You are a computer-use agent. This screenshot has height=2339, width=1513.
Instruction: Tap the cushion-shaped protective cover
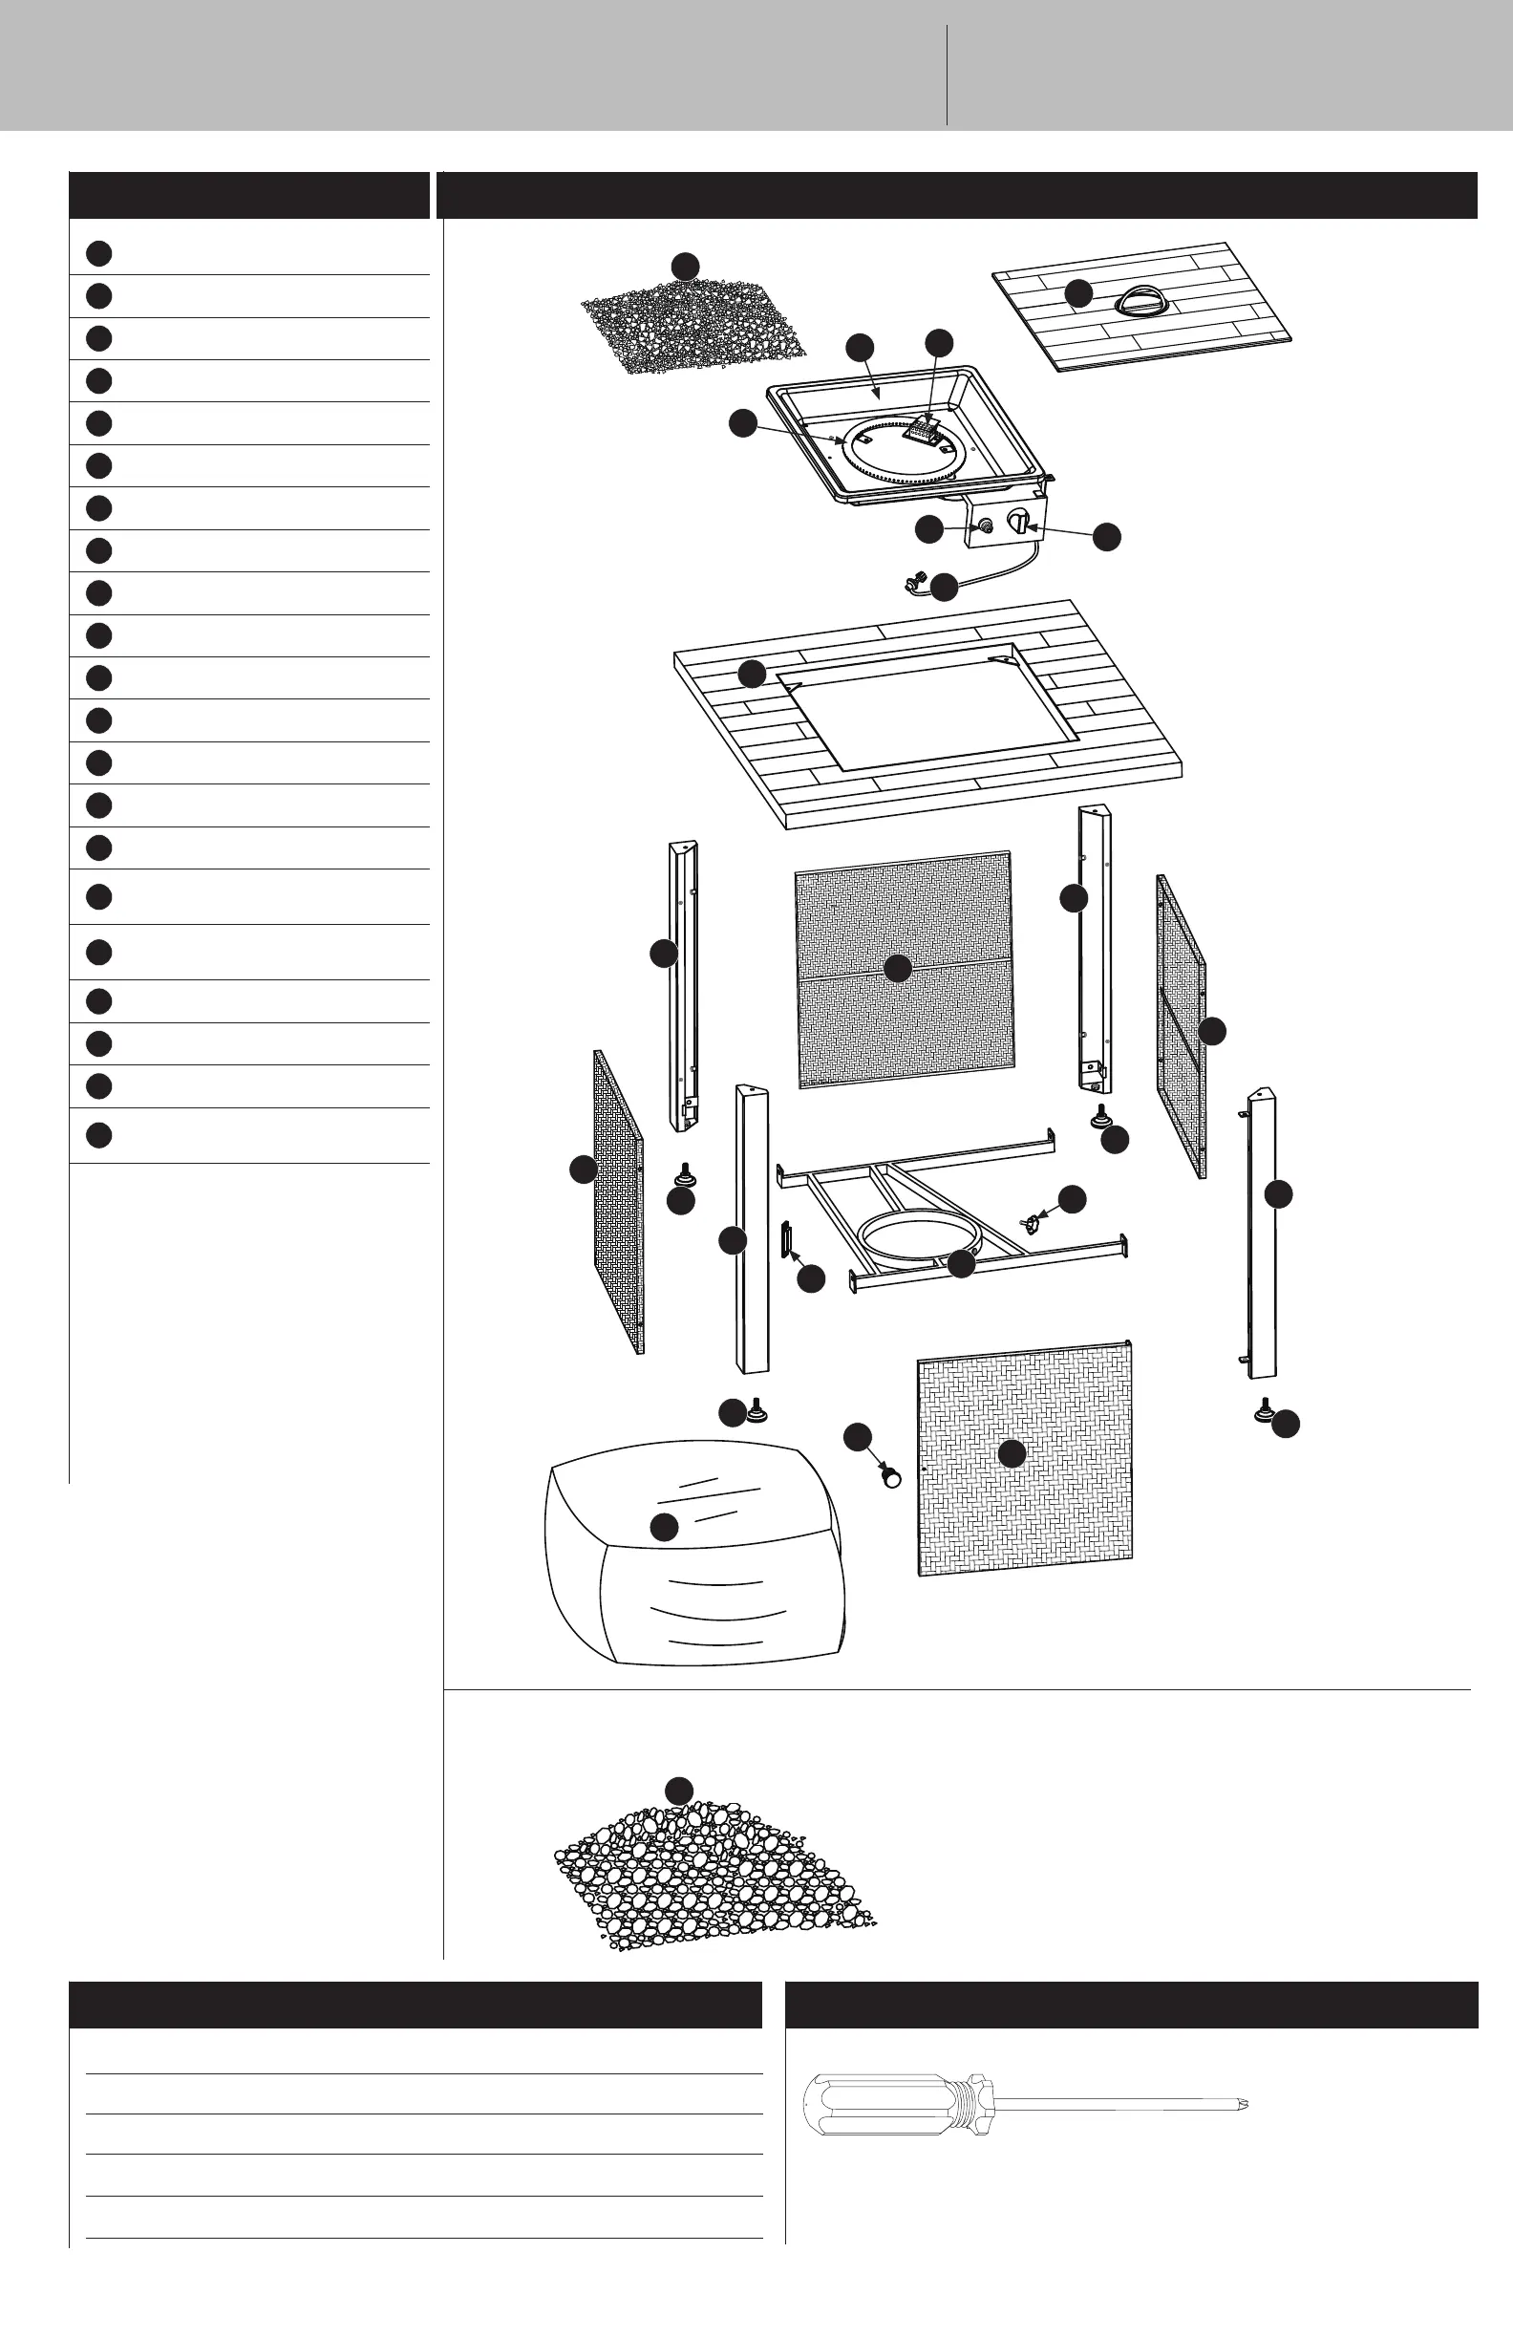(693, 1562)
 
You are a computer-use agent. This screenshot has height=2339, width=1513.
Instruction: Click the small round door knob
(890, 1477)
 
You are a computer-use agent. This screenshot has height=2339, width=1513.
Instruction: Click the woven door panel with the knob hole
(1025, 1454)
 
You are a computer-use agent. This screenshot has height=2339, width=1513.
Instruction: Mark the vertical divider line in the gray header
(948, 74)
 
